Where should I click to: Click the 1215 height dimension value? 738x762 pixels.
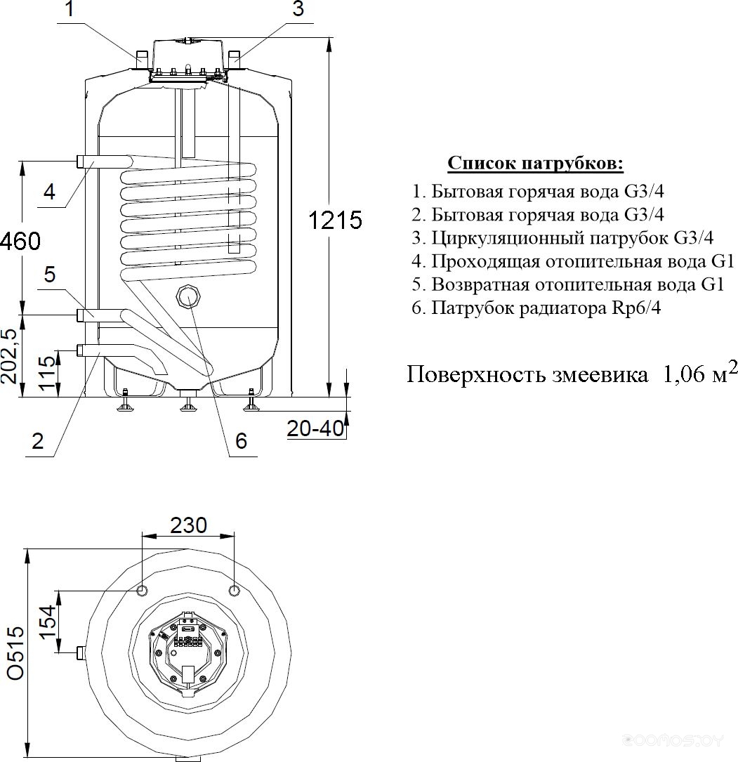[x=335, y=220]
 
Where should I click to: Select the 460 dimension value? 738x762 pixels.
[x=20, y=241]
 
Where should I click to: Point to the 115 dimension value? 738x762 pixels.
[x=47, y=373]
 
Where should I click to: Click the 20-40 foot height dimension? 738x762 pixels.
[x=315, y=428]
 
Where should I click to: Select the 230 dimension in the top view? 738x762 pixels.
[x=188, y=525]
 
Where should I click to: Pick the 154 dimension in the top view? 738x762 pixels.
[x=46, y=622]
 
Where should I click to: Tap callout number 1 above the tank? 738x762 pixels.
[x=70, y=8]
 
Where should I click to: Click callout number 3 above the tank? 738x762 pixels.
[x=298, y=8]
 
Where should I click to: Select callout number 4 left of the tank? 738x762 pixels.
[x=50, y=192]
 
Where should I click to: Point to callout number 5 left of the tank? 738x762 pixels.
[x=50, y=275]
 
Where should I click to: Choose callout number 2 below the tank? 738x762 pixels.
[x=37, y=441]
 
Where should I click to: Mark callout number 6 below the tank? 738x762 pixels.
[x=241, y=441]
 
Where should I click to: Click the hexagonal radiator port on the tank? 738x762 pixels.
[x=188, y=296]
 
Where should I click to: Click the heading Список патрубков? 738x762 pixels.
[x=535, y=163]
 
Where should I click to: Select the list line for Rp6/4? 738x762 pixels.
[x=536, y=308]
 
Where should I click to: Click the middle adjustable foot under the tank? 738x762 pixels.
[x=187, y=400]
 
